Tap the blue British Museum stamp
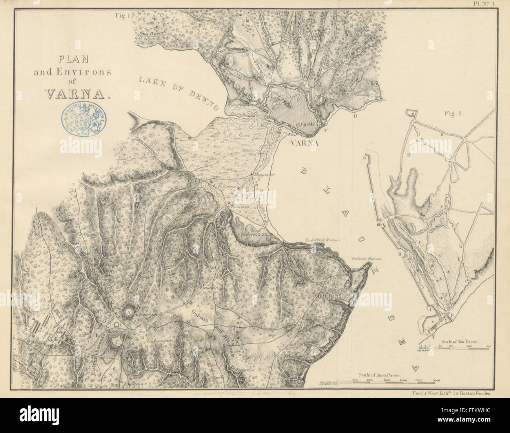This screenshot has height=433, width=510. [x=83, y=119]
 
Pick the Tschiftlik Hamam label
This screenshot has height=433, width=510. [x=322, y=240]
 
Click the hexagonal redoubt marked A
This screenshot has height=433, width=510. [x=129, y=311]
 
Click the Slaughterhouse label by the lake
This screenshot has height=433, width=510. [x=240, y=106]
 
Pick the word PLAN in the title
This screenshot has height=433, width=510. [x=73, y=60]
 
